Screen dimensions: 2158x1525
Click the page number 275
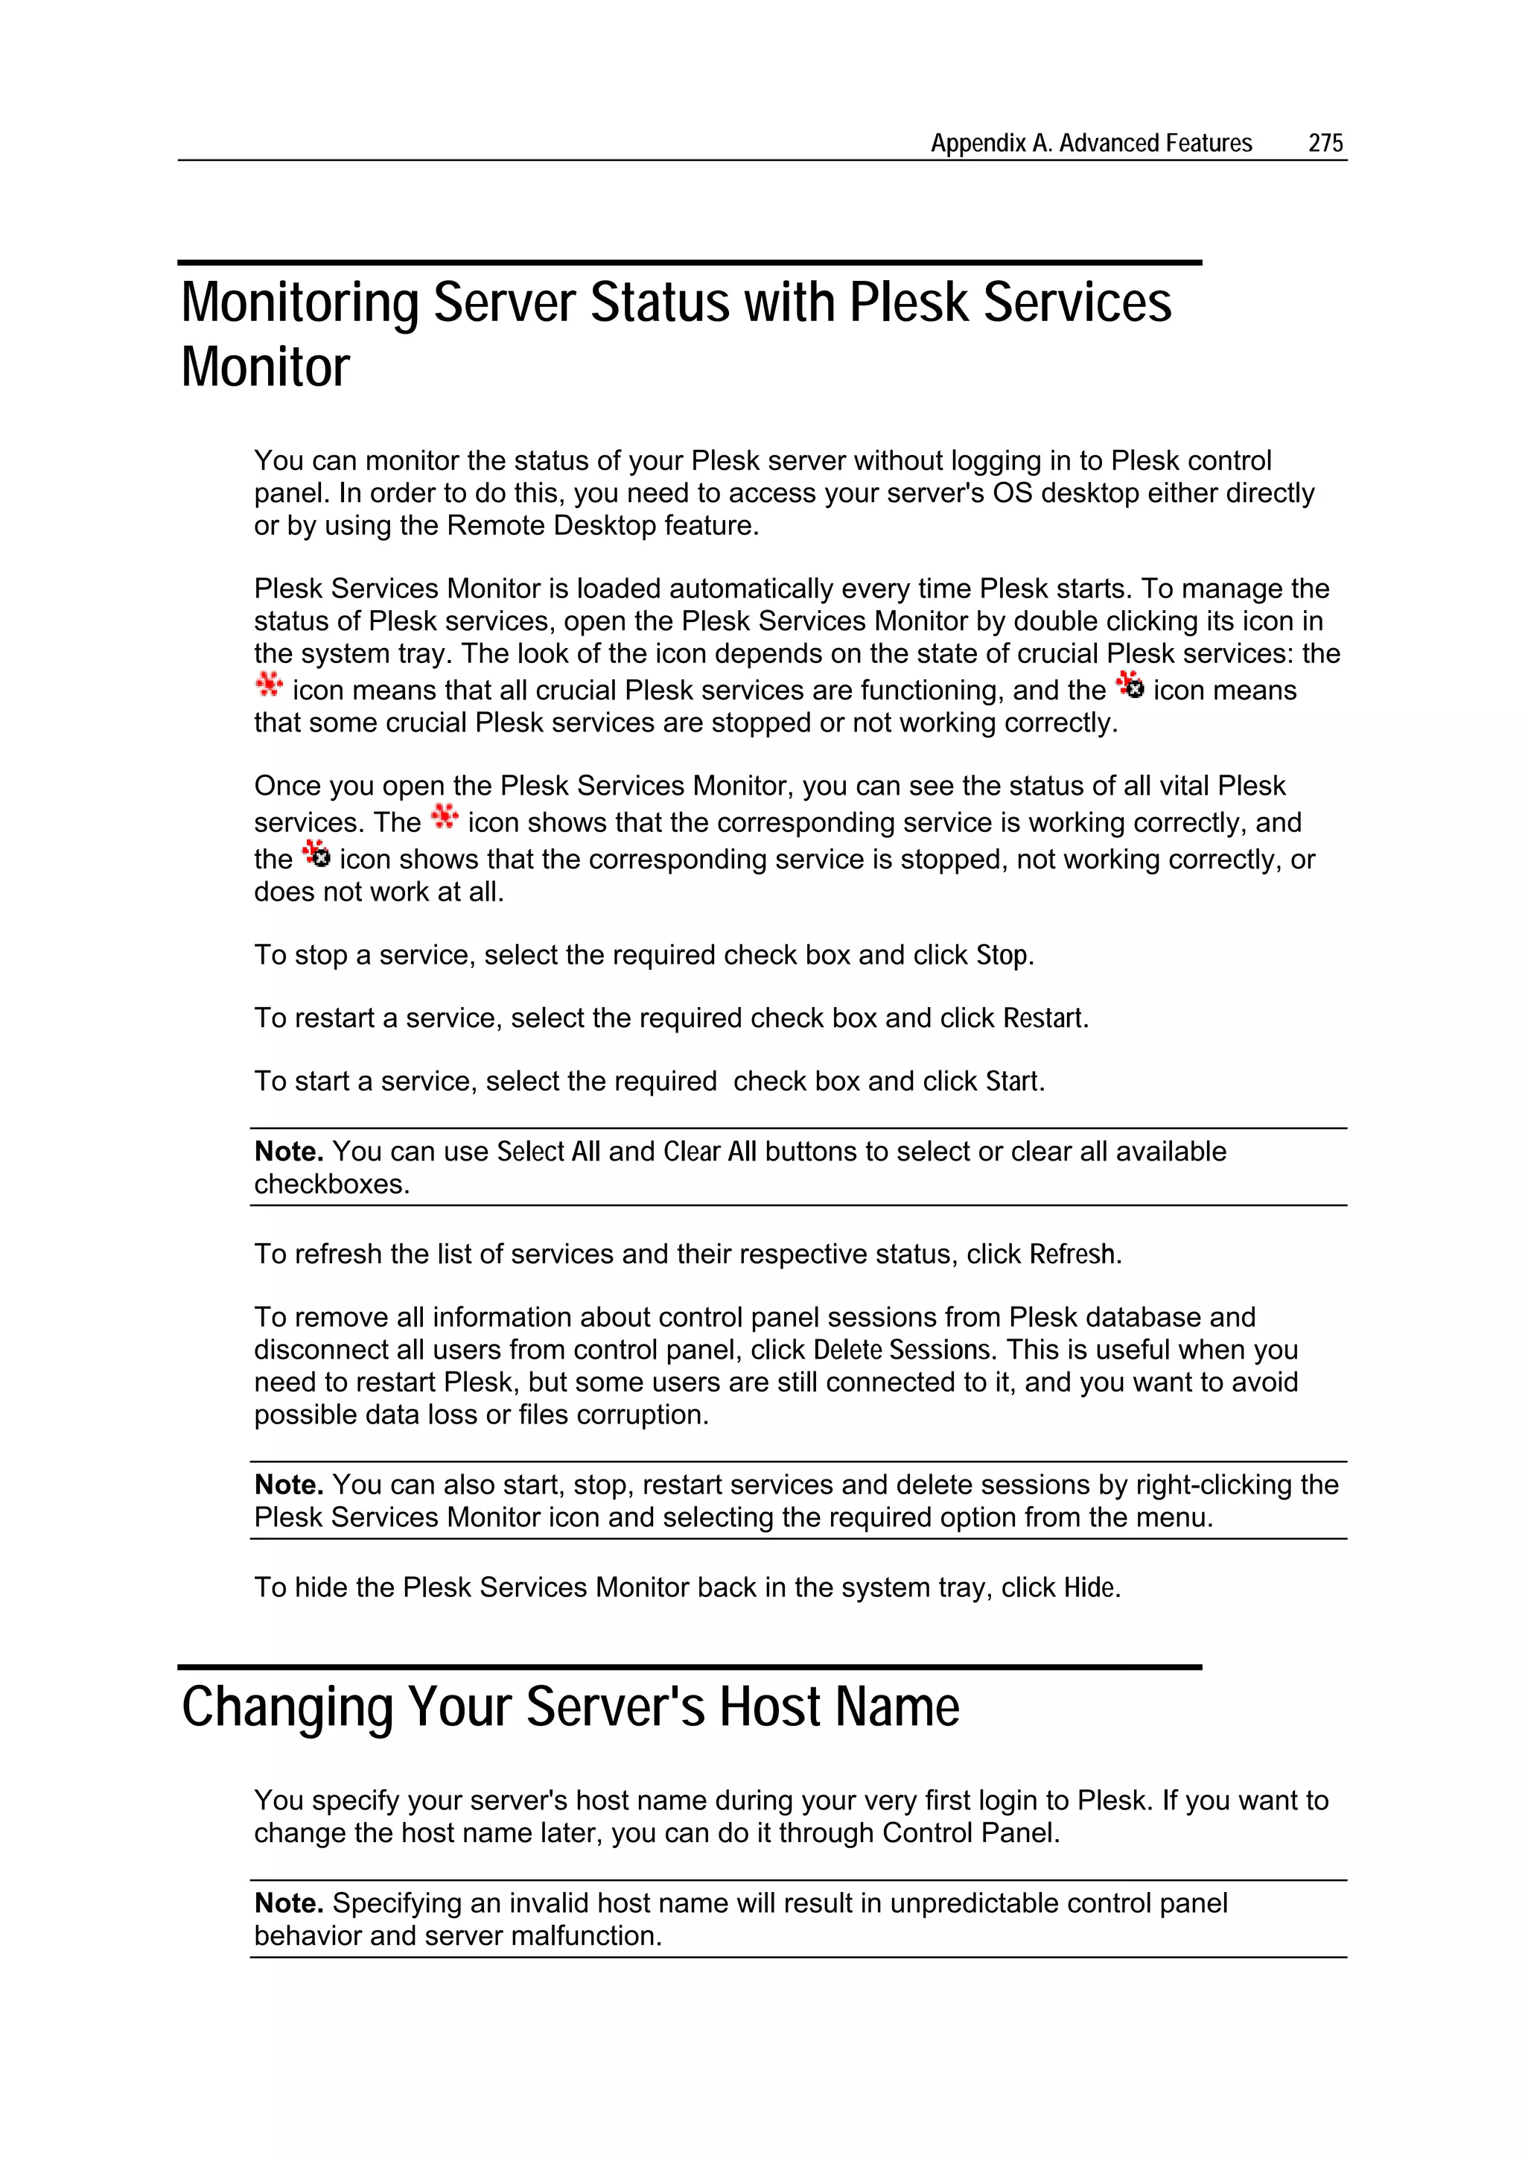(x=1325, y=143)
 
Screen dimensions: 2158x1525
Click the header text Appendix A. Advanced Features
(x=1091, y=143)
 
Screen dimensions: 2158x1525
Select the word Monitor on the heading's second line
(x=265, y=366)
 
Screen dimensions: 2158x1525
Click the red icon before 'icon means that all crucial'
(x=269, y=685)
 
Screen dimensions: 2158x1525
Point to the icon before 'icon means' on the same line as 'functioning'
(x=1130, y=685)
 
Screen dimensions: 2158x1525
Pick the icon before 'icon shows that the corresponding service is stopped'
(x=316, y=854)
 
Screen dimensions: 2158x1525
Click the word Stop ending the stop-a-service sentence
(x=1002, y=955)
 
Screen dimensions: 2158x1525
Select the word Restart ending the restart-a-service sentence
(x=1043, y=1018)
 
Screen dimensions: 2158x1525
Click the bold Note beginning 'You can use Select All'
(x=288, y=1152)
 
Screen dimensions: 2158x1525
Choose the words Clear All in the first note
(x=710, y=1152)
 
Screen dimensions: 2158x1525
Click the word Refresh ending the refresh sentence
(x=1072, y=1254)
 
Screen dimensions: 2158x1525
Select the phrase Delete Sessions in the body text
(x=902, y=1350)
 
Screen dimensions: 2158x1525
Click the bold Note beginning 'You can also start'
(x=288, y=1484)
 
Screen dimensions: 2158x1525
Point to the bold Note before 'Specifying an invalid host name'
(x=288, y=1903)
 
